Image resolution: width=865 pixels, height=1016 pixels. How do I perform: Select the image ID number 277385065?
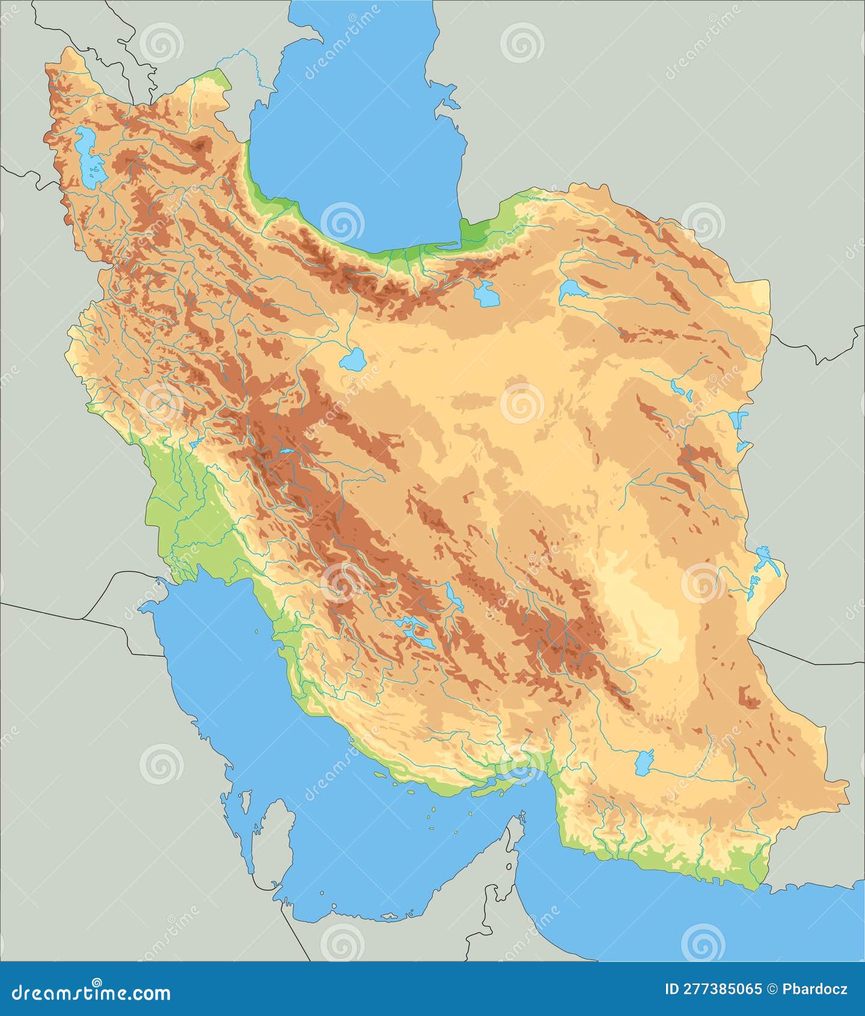click(722, 990)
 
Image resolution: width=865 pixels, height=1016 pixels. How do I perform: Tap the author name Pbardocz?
click(815, 990)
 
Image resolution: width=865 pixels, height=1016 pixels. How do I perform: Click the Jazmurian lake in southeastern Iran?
click(643, 762)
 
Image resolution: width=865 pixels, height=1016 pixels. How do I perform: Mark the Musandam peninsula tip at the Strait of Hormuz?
click(521, 818)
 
